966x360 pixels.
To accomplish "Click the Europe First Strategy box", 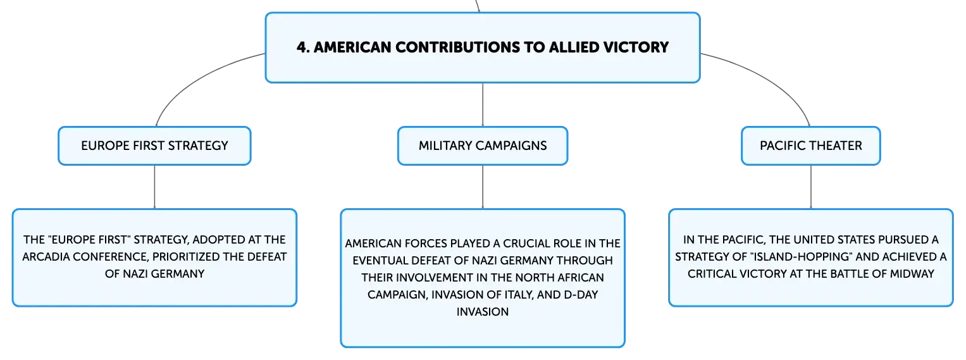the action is click(154, 146).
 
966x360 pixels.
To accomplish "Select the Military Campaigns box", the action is click(483, 146).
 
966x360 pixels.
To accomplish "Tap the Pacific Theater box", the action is click(811, 146).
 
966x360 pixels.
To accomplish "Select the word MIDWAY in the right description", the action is click(912, 274).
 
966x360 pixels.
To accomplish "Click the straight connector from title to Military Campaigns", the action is click(483, 104).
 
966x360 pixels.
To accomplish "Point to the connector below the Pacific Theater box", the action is click(811, 187).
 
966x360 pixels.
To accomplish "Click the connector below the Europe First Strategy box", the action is click(154, 187).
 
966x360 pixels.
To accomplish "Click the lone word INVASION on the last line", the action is click(483, 312).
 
